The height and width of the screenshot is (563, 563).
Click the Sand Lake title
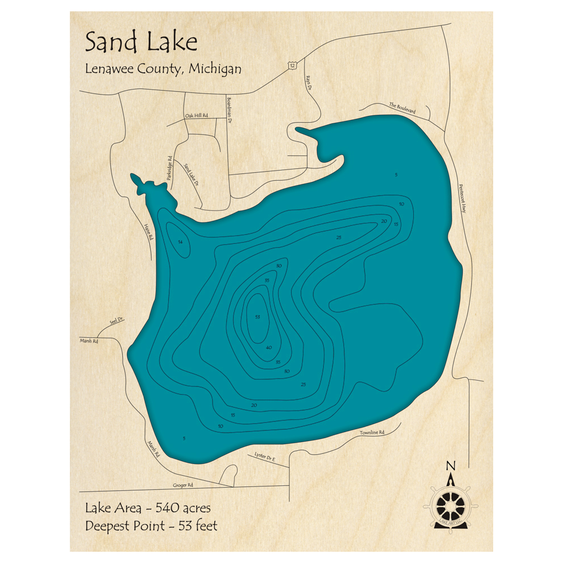click(141, 43)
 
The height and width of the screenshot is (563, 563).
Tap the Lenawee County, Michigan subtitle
click(163, 69)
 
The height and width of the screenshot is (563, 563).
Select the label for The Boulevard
click(402, 108)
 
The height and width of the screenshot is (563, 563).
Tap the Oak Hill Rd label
click(196, 115)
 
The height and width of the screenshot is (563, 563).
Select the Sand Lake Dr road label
click(192, 174)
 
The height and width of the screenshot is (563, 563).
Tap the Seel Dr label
click(116, 321)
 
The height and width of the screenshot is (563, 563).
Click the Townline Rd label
click(372, 433)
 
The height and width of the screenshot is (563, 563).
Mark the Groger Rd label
click(183, 485)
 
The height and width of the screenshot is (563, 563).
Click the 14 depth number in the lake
click(180, 242)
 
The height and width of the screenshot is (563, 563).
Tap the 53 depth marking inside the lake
click(258, 317)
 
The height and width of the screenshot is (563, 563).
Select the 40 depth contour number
click(269, 347)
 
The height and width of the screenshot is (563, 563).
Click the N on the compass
click(450, 466)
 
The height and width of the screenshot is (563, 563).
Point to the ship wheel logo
click(450, 500)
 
